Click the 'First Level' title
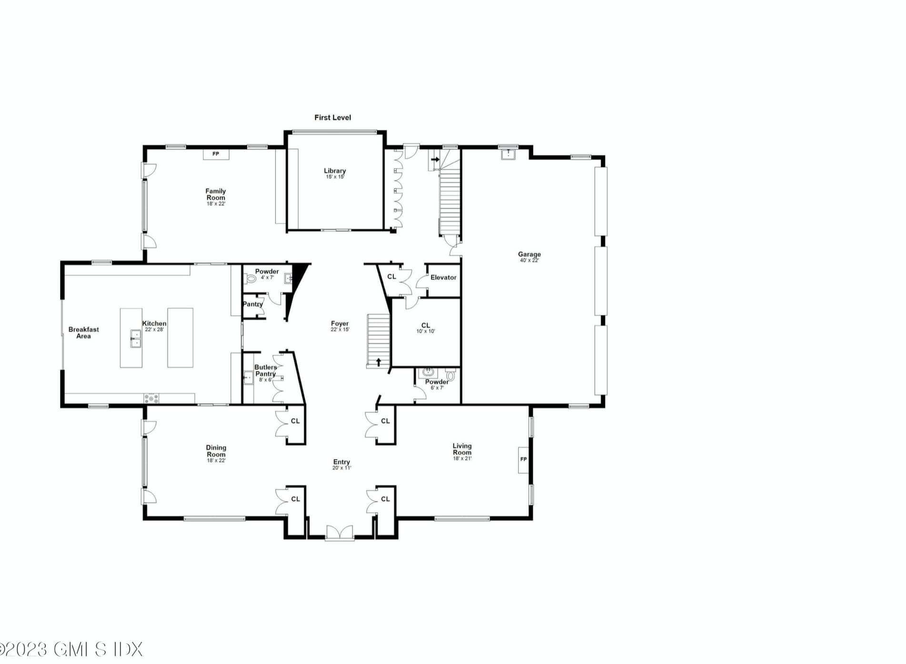pyautogui.click(x=332, y=118)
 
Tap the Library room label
pyautogui.click(x=335, y=171)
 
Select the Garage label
pyautogui.click(x=529, y=254)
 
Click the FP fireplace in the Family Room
pyautogui.click(x=216, y=154)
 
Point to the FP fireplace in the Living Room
pyautogui.click(x=523, y=460)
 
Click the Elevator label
pyautogui.click(x=443, y=277)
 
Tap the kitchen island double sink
pyautogui.click(x=135, y=339)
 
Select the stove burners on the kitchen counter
pyautogui.click(x=151, y=398)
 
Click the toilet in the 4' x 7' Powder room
pyautogui.click(x=251, y=279)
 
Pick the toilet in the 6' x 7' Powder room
pyautogui.click(x=450, y=375)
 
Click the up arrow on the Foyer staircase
pyautogui.click(x=379, y=362)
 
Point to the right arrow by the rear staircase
pyautogui.click(x=435, y=160)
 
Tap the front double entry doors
pyautogui.click(x=340, y=533)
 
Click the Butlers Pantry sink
pyautogui.click(x=248, y=378)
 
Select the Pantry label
pyautogui.click(x=253, y=304)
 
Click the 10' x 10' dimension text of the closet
pyautogui.click(x=426, y=332)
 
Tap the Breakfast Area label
pyautogui.click(x=84, y=332)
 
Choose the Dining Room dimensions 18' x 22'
pyautogui.click(x=216, y=461)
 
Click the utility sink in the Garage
pyautogui.click(x=509, y=154)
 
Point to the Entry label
pyautogui.click(x=342, y=462)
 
